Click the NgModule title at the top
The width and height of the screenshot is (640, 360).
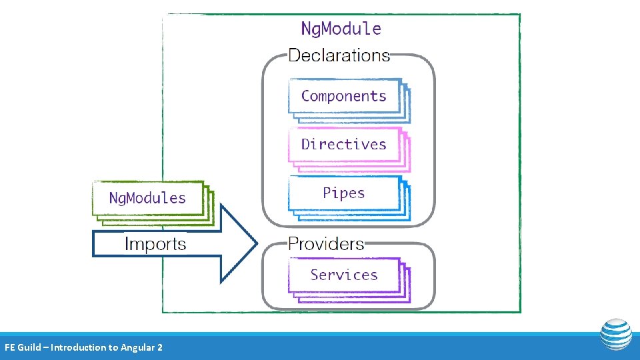click(x=341, y=29)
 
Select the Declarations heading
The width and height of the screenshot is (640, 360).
click(x=339, y=55)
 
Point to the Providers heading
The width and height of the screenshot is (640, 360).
click(x=326, y=244)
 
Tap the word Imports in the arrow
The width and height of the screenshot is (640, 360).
click(x=155, y=244)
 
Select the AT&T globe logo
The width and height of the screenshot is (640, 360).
click(x=615, y=335)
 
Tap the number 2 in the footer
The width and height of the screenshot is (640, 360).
click(x=159, y=347)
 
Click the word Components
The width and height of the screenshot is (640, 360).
click(x=343, y=96)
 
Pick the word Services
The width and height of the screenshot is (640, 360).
click(x=343, y=275)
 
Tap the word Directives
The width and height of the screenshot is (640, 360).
click(x=343, y=145)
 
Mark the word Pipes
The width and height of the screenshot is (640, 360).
click(x=343, y=193)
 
